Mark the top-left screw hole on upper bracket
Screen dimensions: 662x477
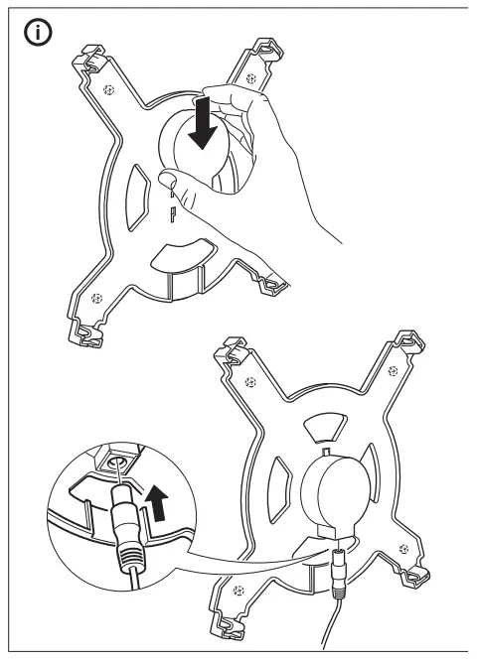point(109,90)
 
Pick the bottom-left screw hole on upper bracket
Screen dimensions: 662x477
point(96,297)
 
